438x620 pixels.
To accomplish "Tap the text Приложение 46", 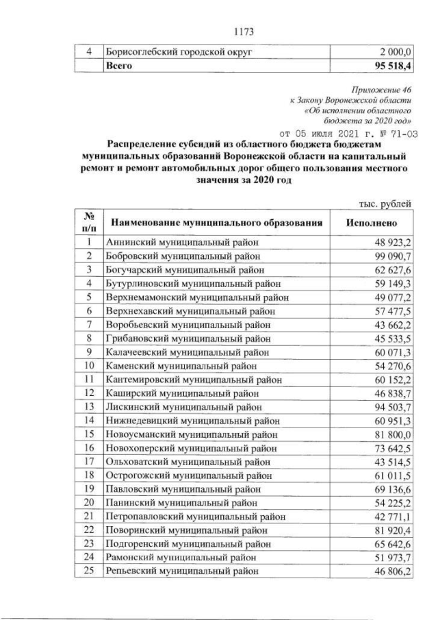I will point(380,90).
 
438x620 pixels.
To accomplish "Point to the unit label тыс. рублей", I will point(386,203).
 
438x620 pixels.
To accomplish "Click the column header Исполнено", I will point(371,223).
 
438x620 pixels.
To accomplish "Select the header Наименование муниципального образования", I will point(216,223).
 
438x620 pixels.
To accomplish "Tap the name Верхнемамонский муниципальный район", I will point(197,297).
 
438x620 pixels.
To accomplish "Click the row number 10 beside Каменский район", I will point(88,366).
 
